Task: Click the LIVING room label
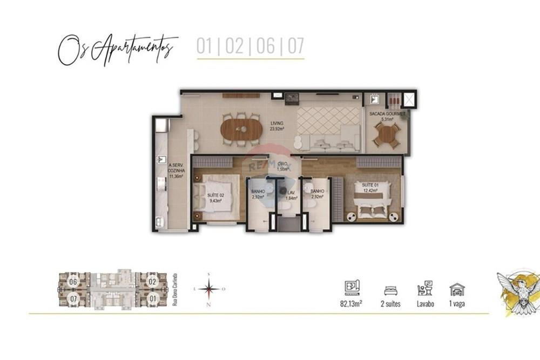[x=276, y=126]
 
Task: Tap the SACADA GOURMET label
[x=387, y=117]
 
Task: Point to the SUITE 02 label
[x=215, y=198]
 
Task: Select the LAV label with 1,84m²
[x=292, y=195]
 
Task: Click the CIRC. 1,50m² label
[x=282, y=167]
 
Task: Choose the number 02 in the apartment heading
[x=234, y=47]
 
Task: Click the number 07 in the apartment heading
[x=295, y=47]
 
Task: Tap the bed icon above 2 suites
[x=390, y=290]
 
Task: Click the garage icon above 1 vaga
[x=457, y=289]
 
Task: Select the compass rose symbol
[x=208, y=289]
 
